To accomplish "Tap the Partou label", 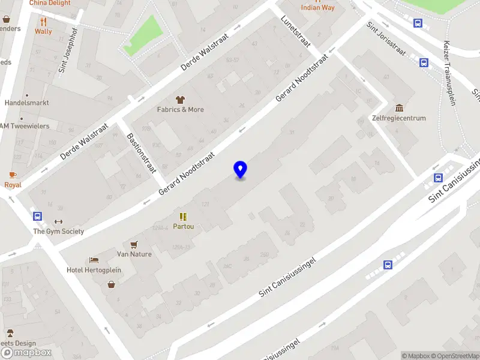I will [x=183, y=227].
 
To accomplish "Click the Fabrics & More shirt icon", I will [x=179, y=100].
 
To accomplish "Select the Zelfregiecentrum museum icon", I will [x=399, y=108].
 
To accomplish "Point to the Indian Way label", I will [x=317, y=8].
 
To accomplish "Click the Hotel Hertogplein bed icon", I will [x=94, y=260].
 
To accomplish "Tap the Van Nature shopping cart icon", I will [x=134, y=244].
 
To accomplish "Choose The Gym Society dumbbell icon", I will [x=58, y=221].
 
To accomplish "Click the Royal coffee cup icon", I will [x=13, y=175].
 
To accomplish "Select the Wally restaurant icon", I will [x=43, y=21].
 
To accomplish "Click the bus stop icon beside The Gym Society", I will [x=38, y=216].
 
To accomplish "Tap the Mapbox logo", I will [x=26, y=352].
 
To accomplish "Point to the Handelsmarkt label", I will [x=26, y=103].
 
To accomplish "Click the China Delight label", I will [x=50, y=3].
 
